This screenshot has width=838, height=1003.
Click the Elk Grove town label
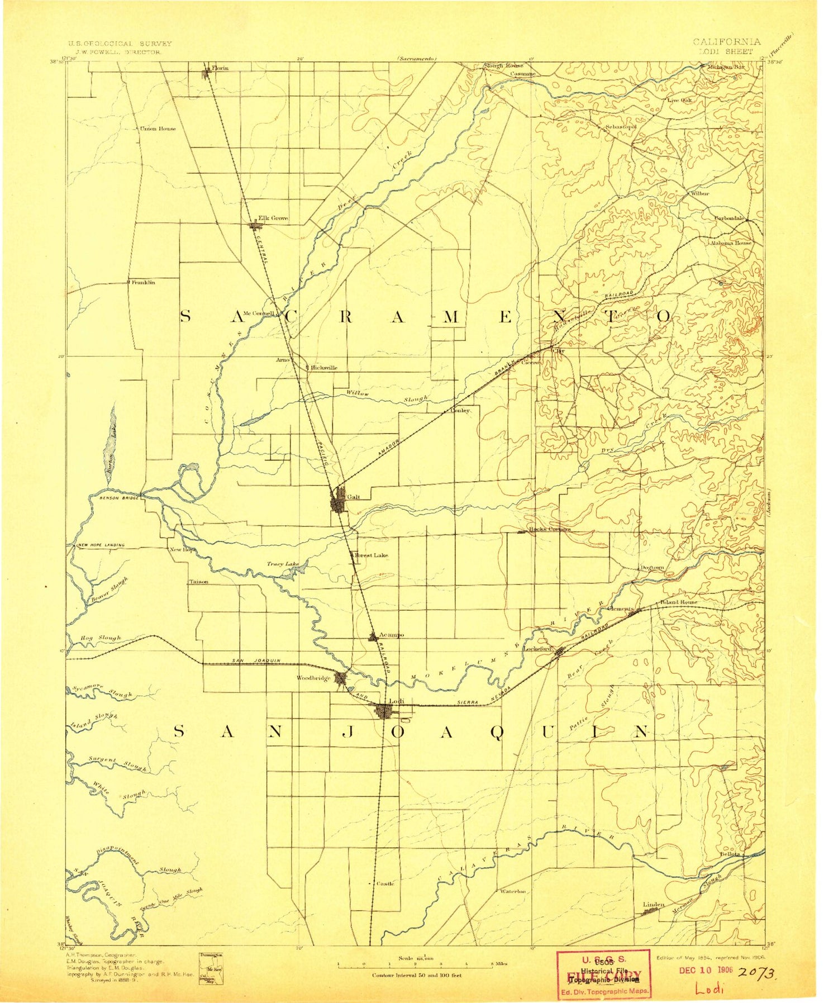(x=273, y=218)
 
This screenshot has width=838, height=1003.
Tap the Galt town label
(x=353, y=497)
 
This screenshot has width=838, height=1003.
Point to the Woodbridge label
(x=313, y=678)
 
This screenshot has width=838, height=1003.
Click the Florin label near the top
(x=220, y=68)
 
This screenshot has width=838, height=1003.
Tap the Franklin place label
(x=143, y=283)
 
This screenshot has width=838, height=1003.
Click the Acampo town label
(x=391, y=635)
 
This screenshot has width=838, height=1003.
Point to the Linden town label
(x=654, y=904)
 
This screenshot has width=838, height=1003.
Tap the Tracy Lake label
(x=282, y=564)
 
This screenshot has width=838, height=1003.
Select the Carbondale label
(x=729, y=218)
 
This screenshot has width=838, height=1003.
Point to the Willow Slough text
(x=385, y=396)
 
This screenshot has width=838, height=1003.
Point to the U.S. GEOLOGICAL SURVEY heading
(x=120, y=43)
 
